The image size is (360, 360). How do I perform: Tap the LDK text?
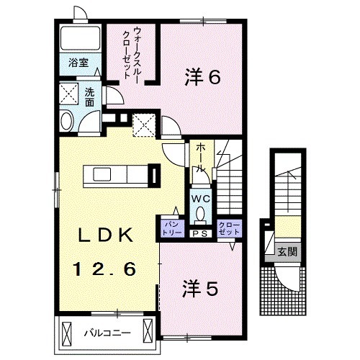[105, 235]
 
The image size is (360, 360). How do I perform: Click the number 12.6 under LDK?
[105, 270]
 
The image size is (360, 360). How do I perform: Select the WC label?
[200, 196]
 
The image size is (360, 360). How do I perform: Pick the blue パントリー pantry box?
[170, 228]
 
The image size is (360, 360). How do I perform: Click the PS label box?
[200, 233]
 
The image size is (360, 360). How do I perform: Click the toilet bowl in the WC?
[200, 215]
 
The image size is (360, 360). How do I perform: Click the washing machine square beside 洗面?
[69, 94]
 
